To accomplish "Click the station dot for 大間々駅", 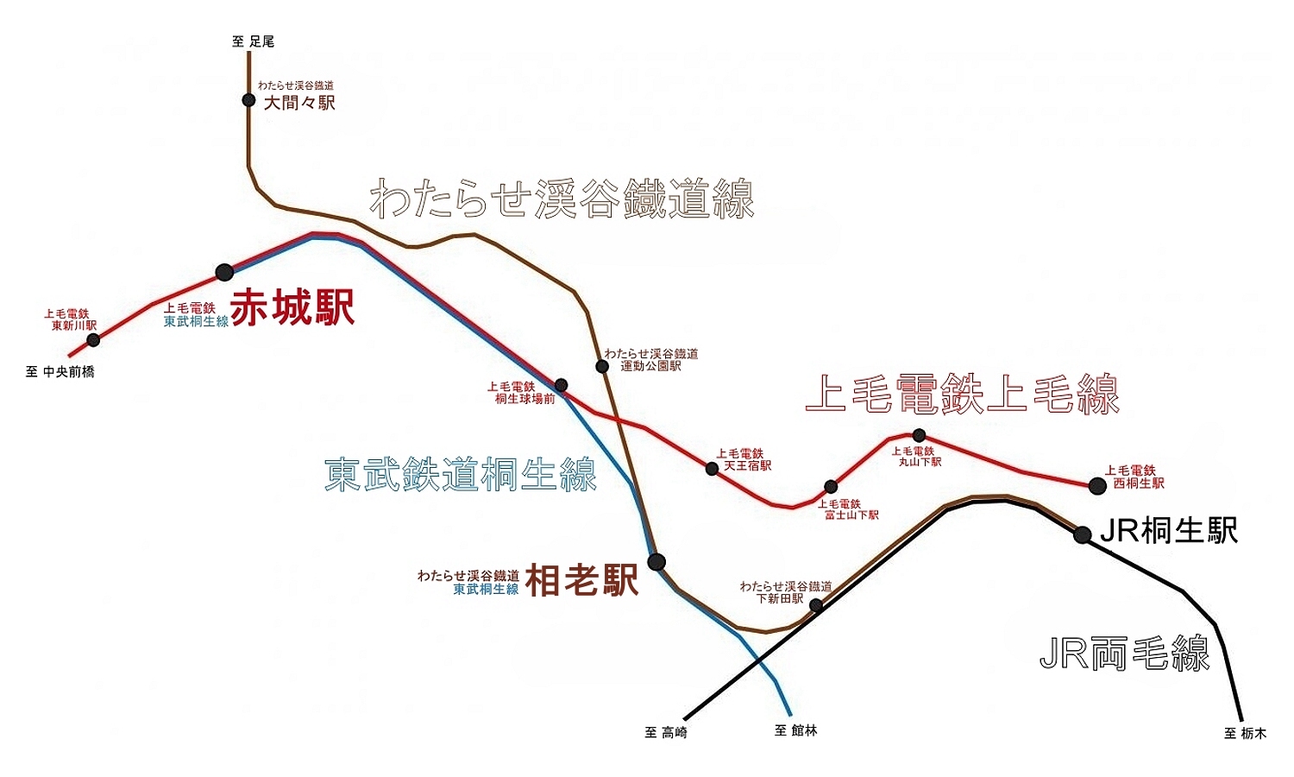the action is coord(248,100).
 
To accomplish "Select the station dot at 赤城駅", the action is coord(224,272).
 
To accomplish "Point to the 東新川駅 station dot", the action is coord(94,340).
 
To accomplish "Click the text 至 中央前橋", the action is coord(60,372).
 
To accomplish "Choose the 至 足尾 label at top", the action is coord(254,41).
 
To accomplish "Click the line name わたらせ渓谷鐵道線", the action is coord(562,199).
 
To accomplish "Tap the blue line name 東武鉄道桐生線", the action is coord(461,474).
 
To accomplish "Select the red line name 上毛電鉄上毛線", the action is coord(962,395).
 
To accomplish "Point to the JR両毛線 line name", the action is coord(1125,654).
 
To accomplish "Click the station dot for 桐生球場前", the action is coord(562,385).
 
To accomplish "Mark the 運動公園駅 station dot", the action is coord(602,366).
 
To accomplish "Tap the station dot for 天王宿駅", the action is coord(712,469).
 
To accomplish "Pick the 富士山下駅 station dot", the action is coord(831,486).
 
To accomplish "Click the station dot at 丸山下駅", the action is coord(919,435).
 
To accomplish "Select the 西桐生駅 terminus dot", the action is coord(1097,485).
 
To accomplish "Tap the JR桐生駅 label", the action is coord(1169,531).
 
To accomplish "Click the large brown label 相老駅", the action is coord(582,581).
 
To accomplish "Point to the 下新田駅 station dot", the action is coord(816,605).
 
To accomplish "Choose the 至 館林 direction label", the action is coord(795,731).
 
